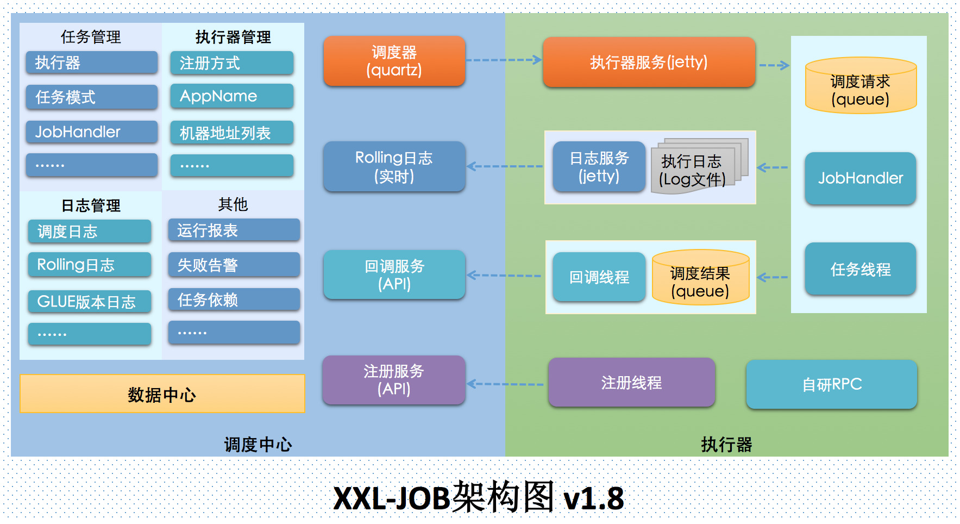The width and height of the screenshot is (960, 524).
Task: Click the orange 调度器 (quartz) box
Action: click(x=394, y=61)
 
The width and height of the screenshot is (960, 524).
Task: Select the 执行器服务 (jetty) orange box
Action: click(x=649, y=62)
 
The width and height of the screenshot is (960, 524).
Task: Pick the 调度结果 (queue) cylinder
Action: click(x=700, y=278)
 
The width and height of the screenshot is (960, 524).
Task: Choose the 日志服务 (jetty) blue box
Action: click(x=599, y=166)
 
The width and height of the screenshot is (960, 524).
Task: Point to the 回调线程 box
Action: click(x=599, y=277)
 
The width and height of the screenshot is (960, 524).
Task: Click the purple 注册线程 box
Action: click(x=631, y=383)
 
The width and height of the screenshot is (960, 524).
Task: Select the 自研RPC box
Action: click(x=831, y=384)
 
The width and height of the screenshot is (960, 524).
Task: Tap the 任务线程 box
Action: click(x=860, y=269)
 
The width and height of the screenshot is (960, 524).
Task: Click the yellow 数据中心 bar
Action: click(x=162, y=394)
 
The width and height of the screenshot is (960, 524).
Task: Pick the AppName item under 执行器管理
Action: click(x=232, y=96)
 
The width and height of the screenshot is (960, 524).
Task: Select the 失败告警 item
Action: click(x=234, y=265)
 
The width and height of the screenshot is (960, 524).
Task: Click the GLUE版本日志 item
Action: click(x=90, y=302)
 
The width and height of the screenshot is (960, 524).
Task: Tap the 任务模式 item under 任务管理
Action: click(x=91, y=97)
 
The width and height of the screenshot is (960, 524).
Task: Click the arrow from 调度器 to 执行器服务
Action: click(x=503, y=60)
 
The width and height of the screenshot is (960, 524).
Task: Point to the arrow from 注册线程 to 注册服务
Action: click(x=505, y=384)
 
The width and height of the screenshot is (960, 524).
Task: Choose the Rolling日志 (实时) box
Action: click(x=394, y=166)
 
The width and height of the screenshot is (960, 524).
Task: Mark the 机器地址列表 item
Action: click(x=232, y=133)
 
